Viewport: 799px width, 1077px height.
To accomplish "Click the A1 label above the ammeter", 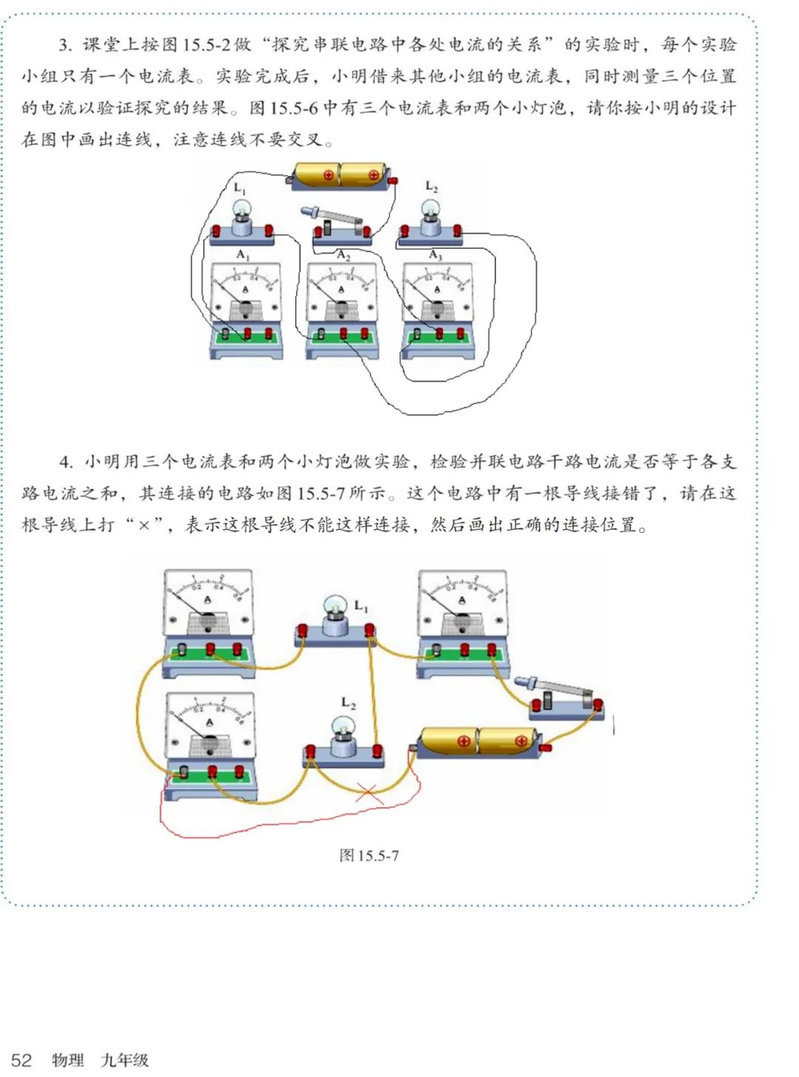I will pos(243,255).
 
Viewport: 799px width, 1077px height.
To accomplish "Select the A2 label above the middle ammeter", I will pos(343,255).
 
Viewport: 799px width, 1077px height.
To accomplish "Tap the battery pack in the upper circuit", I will pos(340,175).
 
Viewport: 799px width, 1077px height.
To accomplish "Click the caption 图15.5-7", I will pos(368,856).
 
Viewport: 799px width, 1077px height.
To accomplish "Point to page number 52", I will pos(21,1060).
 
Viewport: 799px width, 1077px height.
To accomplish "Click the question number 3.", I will pos(65,45).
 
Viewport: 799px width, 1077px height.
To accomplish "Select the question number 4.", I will pos(66,462).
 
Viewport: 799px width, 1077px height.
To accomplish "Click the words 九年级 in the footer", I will pos(124,1060).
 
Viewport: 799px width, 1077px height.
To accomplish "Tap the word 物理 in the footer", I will pos(68,1060).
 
